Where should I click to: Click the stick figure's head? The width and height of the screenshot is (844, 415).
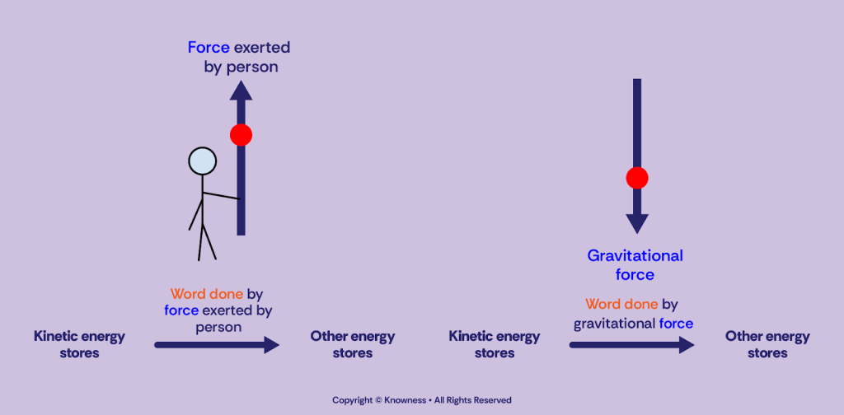(202, 161)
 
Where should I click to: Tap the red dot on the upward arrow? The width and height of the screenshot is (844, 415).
(241, 135)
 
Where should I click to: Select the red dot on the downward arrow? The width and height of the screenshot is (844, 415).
(636, 178)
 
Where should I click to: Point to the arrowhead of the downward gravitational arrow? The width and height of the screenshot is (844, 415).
(636, 223)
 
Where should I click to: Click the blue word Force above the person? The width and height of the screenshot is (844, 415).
(209, 48)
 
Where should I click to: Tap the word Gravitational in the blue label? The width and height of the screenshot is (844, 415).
(635, 256)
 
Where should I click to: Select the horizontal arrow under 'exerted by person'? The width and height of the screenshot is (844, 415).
(217, 344)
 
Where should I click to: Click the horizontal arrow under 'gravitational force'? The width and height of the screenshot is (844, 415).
(631, 344)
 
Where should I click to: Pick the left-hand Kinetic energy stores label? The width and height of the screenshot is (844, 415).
(79, 344)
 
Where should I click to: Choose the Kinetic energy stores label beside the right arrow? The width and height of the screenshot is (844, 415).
(495, 344)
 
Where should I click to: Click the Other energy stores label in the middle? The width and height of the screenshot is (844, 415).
(353, 344)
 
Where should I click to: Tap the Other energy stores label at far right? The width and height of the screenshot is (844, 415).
(767, 344)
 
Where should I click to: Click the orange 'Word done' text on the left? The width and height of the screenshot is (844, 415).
(206, 294)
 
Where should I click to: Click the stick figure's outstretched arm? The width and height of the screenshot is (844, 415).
(221, 196)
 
